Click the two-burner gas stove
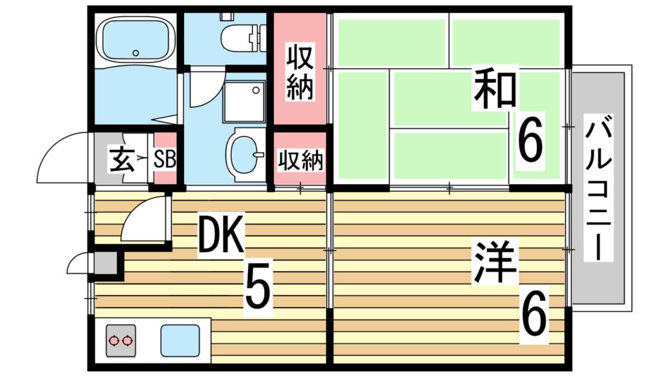(121, 340)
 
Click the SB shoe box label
(165, 159)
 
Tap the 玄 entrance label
(121, 159)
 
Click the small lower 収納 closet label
(301, 160)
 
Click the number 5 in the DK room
(258, 288)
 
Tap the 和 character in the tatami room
(496, 89)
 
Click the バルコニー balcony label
(598, 189)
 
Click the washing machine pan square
(244, 102)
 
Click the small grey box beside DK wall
(104, 264)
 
